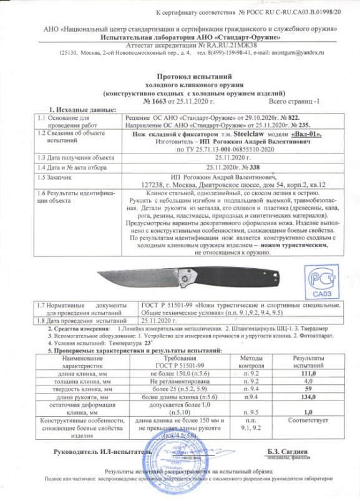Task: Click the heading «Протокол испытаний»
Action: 180,75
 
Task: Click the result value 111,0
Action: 310,372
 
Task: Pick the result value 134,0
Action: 310,397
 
